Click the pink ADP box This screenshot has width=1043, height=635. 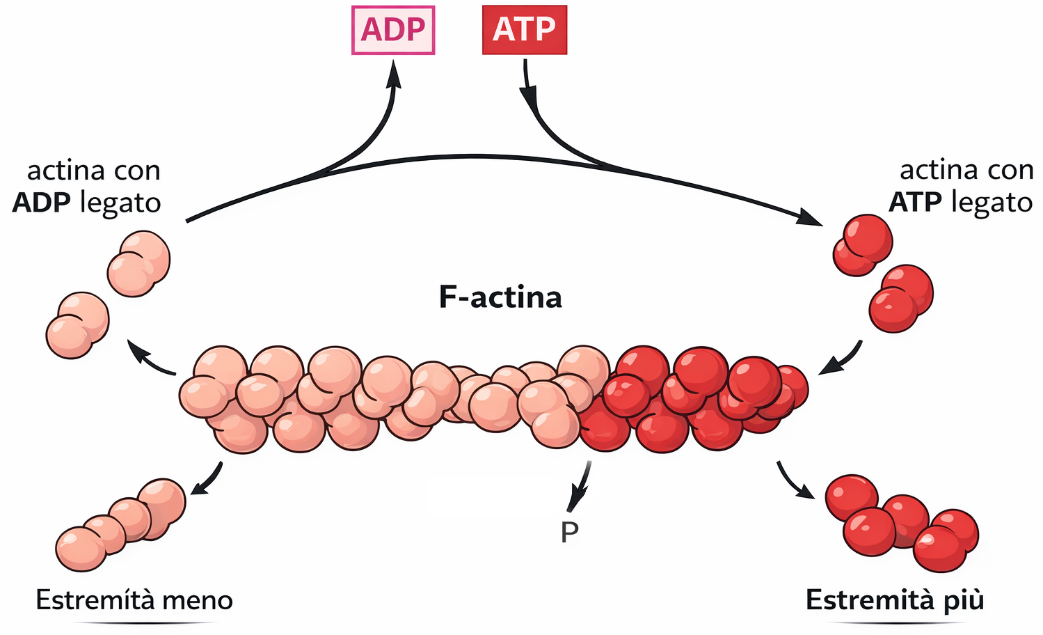pos(393,30)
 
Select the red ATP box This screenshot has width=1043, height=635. pos(525,30)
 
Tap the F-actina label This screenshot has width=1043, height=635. pos(500,297)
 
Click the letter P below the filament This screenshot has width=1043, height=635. pos(569,533)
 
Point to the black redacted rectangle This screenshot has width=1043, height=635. pos(490,496)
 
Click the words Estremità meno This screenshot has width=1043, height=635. pos(134,600)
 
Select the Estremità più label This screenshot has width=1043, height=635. pos(895,600)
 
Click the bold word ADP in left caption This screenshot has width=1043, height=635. pos(41,203)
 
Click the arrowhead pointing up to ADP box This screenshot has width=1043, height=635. pos(395,73)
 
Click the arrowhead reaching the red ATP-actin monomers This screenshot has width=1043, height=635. pos(811,218)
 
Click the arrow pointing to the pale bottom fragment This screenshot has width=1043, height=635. pos(206,480)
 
